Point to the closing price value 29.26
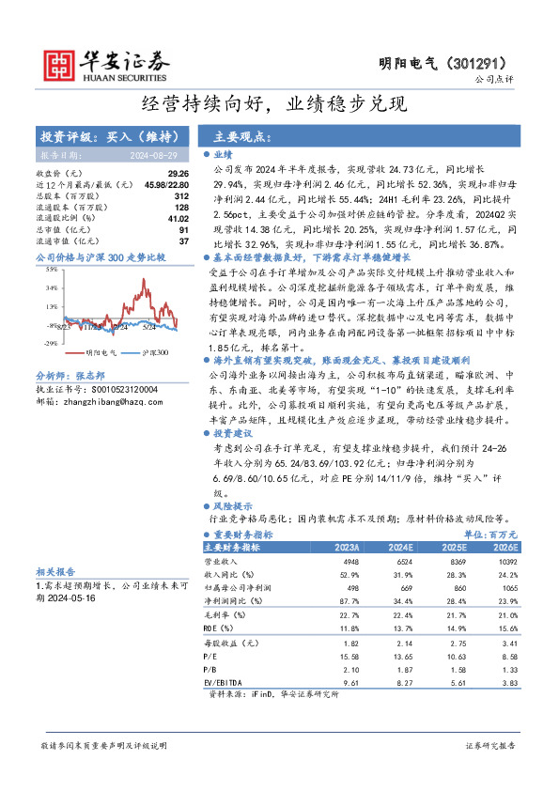[179, 174]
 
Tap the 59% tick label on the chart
[50, 269]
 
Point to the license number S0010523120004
[117, 387]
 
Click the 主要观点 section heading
[237, 136]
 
